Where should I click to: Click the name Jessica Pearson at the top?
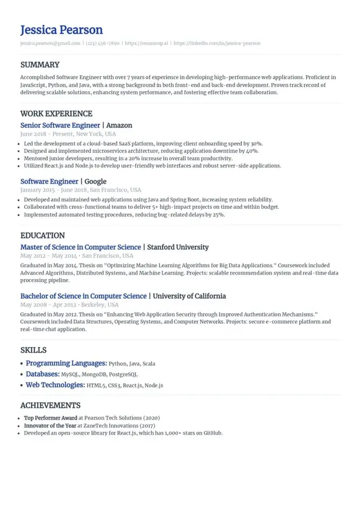pyautogui.click(x=61, y=30)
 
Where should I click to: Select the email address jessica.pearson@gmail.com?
pyautogui.click(x=50, y=43)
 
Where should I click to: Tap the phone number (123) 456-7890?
pyautogui.click(x=102, y=43)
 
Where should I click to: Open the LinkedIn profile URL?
pyautogui.click(x=217, y=43)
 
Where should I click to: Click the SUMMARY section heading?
pyautogui.click(x=39, y=65)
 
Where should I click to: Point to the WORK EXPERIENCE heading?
pyautogui.click(x=56, y=114)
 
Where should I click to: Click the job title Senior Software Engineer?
pyautogui.click(x=60, y=125)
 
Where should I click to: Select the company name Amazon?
pyautogui.click(x=119, y=125)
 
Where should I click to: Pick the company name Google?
pyautogui.click(x=96, y=182)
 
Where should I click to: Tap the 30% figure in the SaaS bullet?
pyautogui.click(x=256, y=144)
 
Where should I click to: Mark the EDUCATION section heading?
pyautogui.click(x=42, y=236)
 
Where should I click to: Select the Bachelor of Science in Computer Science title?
pyautogui.click(x=83, y=296)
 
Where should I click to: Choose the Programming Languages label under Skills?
pyautogui.click(x=66, y=363)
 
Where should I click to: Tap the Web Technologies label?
pyautogui.click(x=55, y=385)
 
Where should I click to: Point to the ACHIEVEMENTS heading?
pyautogui.click(x=50, y=406)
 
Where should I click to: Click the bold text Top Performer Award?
pyautogui.click(x=50, y=418)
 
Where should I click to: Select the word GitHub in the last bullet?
pyautogui.click(x=213, y=434)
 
